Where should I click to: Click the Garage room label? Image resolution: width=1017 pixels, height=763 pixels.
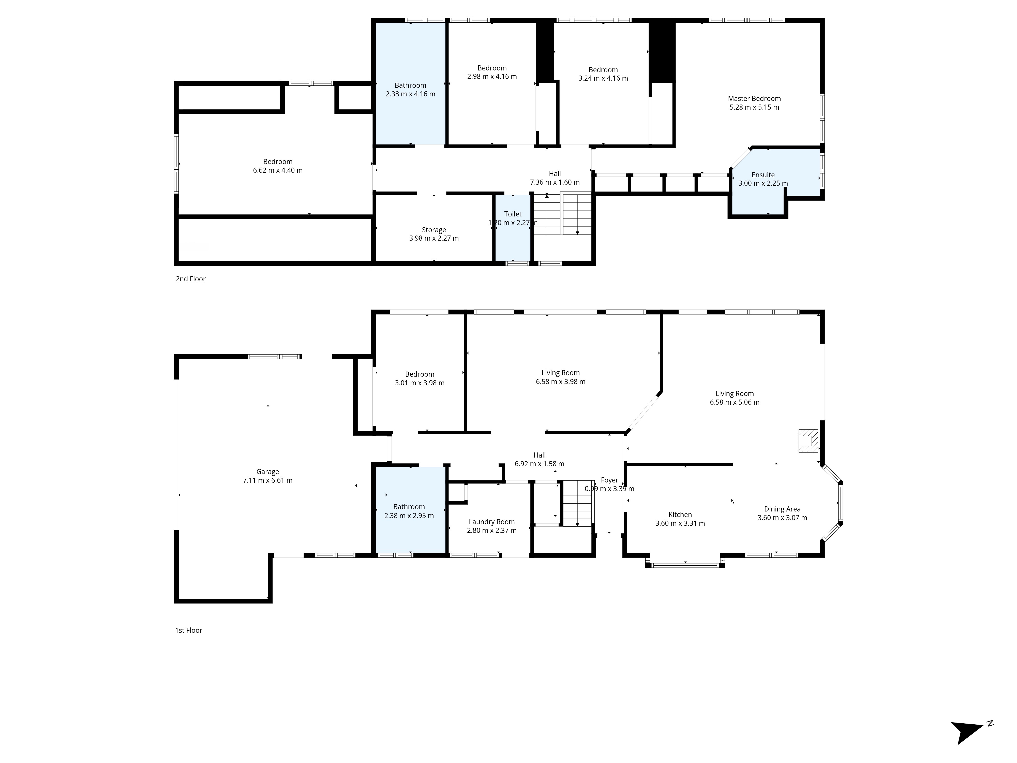(267, 472)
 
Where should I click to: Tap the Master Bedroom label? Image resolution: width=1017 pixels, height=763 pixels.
(754, 98)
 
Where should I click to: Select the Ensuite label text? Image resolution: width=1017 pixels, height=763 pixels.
(763, 175)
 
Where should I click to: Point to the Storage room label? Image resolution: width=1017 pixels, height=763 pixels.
(434, 230)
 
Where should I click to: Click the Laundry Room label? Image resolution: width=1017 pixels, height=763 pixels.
(491, 522)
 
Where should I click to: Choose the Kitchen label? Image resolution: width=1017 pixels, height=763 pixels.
(680, 515)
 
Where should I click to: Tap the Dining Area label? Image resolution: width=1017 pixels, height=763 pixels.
(782, 509)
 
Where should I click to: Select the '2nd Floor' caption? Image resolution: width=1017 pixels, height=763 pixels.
(190, 279)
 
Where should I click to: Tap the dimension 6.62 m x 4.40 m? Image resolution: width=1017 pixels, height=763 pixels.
(278, 170)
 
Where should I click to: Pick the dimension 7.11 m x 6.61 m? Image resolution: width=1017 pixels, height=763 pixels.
(267, 480)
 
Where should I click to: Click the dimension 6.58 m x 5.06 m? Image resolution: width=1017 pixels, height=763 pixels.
(735, 402)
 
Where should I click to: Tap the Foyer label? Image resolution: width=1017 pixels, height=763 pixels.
(610, 480)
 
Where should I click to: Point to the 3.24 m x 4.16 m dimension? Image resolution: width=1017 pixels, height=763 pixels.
(603, 78)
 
